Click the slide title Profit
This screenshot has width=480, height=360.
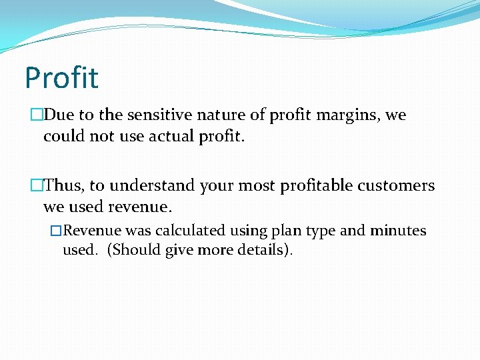coord(61,77)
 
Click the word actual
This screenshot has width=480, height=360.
coord(150,136)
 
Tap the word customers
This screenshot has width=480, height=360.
coord(399,185)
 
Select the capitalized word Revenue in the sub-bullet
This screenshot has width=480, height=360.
coord(93,231)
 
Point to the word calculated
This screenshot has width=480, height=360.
coord(191,231)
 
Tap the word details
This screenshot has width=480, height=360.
coord(266,251)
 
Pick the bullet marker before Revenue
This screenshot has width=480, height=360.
coord(56,231)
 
